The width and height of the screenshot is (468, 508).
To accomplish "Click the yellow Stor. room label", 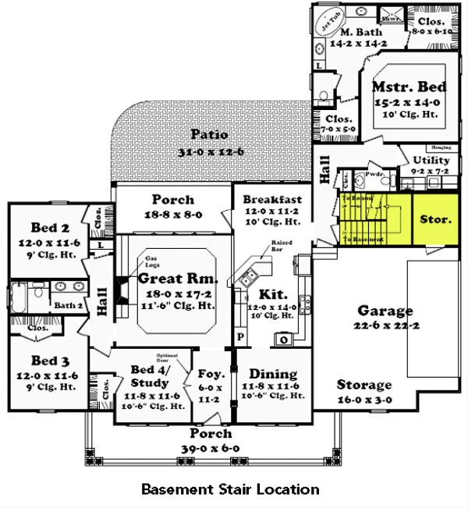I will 435,219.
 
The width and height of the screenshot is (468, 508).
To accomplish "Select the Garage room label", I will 385,311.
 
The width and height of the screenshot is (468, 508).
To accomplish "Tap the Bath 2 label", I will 69,305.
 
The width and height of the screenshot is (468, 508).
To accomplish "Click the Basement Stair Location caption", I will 230,489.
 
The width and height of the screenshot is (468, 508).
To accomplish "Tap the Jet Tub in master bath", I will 331,21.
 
